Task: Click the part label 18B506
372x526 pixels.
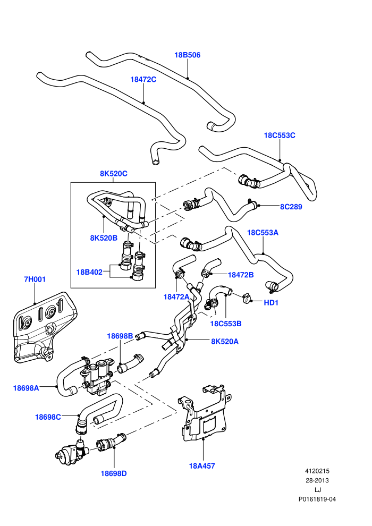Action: click(187, 55)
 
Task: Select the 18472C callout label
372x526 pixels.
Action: click(143, 80)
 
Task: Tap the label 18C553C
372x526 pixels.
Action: click(280, 135)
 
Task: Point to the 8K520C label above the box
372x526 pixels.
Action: click(113, 174)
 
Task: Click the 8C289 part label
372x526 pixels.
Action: click(291, 207)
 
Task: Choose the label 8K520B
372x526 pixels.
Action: click(104, 238)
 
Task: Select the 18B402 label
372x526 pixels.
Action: click(89, 272)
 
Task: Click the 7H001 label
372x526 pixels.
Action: click(35, 279)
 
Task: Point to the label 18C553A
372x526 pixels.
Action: click(263, 233)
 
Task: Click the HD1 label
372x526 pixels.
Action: click(271, 303)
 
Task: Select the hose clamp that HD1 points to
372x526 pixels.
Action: click(247, 297)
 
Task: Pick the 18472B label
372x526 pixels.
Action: click(241, 275)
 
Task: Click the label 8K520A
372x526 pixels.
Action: click(225, 342)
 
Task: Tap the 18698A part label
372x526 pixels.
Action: click(26, 388)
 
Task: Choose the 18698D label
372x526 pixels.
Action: click(114, 474)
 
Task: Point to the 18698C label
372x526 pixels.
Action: click(48, 417)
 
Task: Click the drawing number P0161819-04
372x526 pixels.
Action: click(317, 499)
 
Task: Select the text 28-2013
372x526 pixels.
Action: click(317, 480)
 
